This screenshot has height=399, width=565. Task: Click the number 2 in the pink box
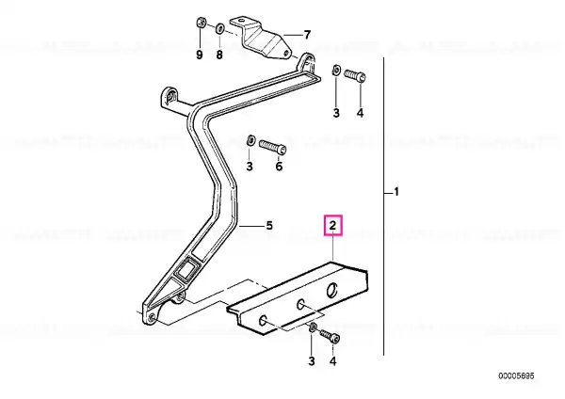click(x=333, y=226)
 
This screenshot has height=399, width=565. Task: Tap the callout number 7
click(x=307, y=35)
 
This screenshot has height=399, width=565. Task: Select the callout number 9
click(x=200, y=55)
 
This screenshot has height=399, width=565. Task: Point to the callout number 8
click(x=219, y=55)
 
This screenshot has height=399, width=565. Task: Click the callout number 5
click(x=269, y=226)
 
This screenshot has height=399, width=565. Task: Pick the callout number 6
click(x=279, y=167)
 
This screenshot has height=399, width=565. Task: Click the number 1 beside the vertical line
click(x=396, y=192)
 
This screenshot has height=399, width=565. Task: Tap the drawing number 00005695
click(x=516, y=376)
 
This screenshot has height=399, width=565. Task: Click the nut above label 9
click(x=201, y=24)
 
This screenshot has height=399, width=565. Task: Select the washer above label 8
click(x=219, y=28)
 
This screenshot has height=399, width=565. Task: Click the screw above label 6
click(x=273, y=147)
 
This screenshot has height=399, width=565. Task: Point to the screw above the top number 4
click(x=355, y=76)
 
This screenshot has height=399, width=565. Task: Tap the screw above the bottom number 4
click(x=330, y=336)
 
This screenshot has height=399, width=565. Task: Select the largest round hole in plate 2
click(x=331, y=290)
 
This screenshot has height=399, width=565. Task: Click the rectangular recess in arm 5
click(x=186, y=269)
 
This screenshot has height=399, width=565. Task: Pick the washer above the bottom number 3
click(x=313, y=327)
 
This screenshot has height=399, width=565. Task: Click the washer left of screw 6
click(x=250, y=140)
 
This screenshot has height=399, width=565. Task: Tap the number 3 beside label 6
click(x=250, y=167)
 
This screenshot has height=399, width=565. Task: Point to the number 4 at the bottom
click(x=333, y=360)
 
